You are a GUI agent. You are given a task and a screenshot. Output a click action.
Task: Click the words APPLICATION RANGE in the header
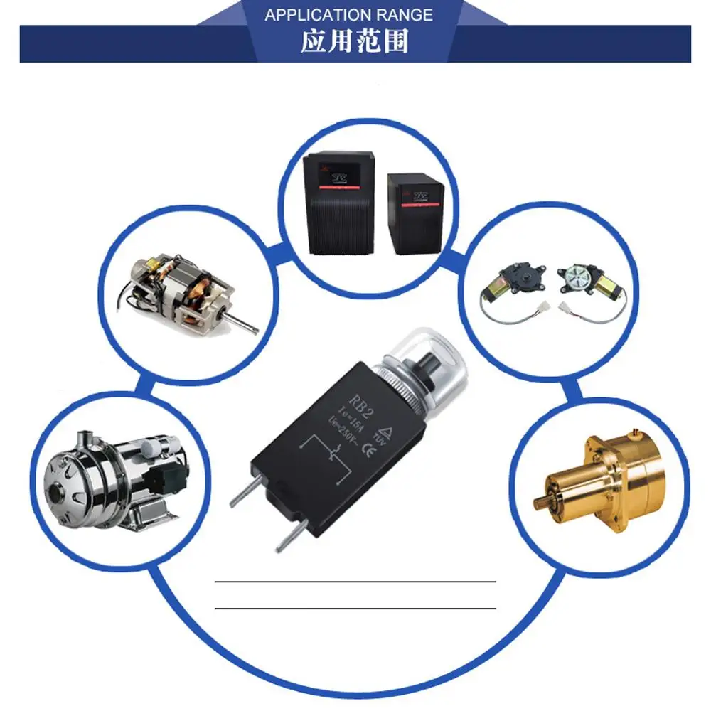[x=348, y=15]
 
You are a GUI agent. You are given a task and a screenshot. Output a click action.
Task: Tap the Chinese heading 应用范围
[x=355, y=43]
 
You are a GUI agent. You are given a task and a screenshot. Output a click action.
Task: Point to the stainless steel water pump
[x=114, y=479]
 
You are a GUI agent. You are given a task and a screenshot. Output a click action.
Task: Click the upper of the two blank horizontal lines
[x=355, y=582]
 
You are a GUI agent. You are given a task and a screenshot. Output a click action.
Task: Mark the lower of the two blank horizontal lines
[x=355, y=609]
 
